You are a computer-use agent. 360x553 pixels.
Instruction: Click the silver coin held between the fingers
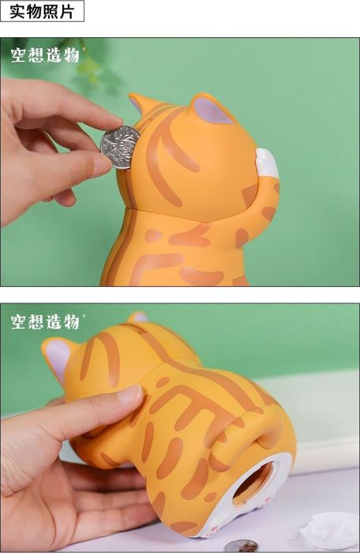tap(120, 146)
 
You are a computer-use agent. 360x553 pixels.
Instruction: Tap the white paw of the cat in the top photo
tap(266, 163)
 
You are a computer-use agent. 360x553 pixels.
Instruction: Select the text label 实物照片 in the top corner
tap(42, 11)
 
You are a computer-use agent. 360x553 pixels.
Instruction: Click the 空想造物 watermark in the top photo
tap(45, 55)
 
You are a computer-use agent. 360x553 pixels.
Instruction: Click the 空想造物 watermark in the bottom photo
tap(45, 322)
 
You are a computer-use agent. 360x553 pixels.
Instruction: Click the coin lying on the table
tap(240, 545)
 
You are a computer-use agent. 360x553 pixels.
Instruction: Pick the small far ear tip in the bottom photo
tap(139, 317)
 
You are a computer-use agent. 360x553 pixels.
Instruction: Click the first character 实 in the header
tap(17, 11)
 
